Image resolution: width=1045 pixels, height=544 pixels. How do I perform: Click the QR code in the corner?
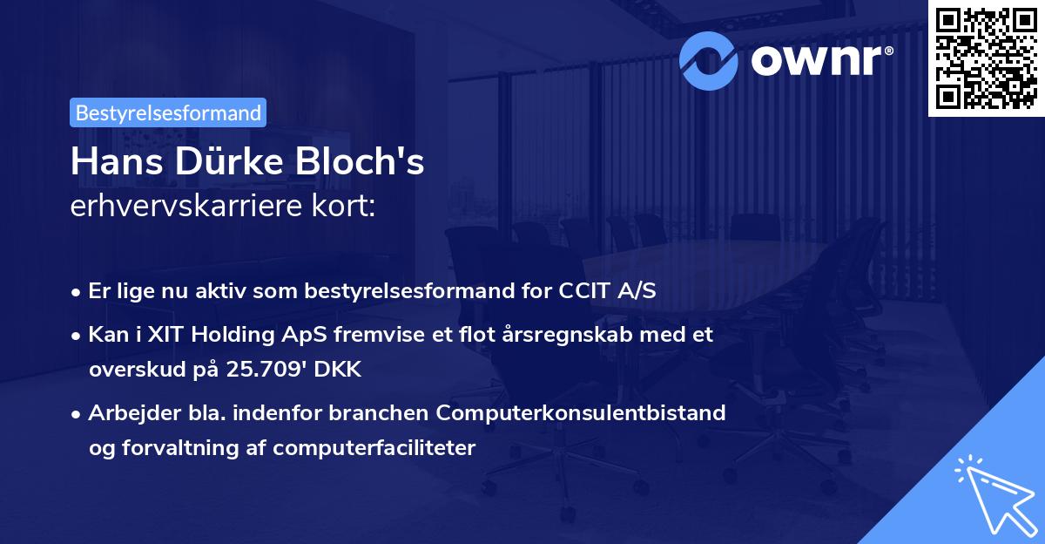point(985,57)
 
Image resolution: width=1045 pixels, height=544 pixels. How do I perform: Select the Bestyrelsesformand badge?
point(168,112)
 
